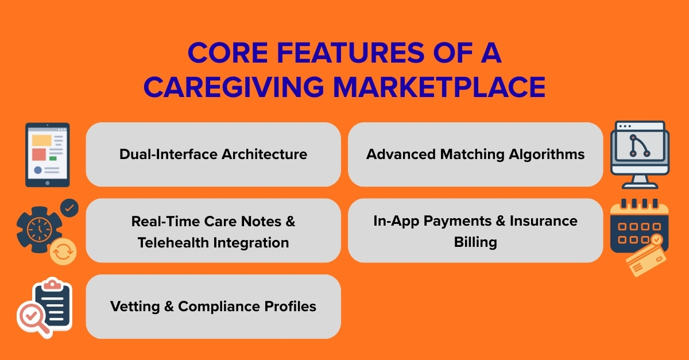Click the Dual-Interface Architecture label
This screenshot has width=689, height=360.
213,154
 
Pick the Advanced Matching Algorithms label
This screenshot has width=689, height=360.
475,154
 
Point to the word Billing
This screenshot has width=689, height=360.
475,242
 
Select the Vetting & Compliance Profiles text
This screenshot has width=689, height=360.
213,307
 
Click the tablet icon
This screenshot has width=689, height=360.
47,154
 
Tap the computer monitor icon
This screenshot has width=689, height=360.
639,154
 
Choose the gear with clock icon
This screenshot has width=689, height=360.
40,230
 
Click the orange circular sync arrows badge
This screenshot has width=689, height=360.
63,251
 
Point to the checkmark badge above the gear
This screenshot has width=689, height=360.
69,208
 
